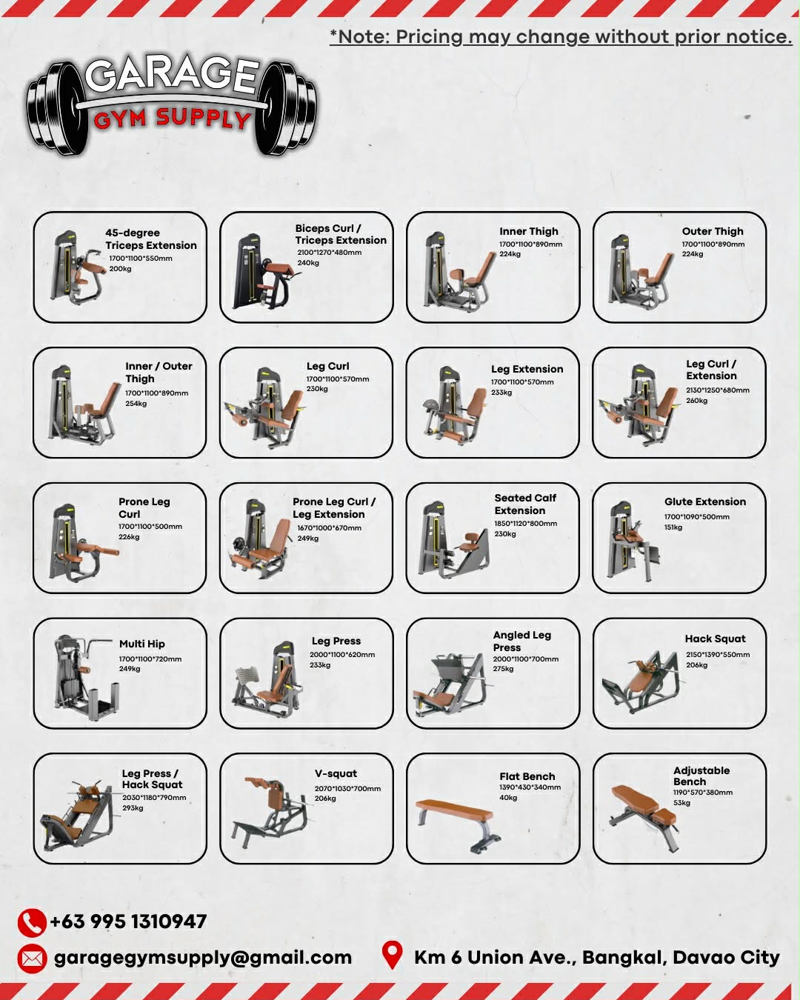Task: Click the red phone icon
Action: [x=32, y=922]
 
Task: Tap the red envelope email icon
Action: [x=32, y=959]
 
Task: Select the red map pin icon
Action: [x=392, y=956]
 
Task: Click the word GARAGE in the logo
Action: [x=172, y=75]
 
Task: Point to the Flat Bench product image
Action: [x=458, y=824]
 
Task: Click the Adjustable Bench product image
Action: [x=644, y=816]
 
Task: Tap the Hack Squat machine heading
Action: [x=715, y=639]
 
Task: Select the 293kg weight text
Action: [x=133, y=807]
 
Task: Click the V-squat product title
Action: [x=336, y=773]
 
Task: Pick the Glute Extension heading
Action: [x=704, y=502]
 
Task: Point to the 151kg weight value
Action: [x=673, y=527]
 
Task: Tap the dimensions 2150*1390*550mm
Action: [x=718, y=654]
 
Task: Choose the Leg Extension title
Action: [x=527, y=369]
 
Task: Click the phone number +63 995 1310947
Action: [x=128, y=921]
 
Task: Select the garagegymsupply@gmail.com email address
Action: [x=203, y=958]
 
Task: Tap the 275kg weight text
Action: [x=504, y=669]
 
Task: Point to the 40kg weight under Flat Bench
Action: [x=508, y=797]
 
